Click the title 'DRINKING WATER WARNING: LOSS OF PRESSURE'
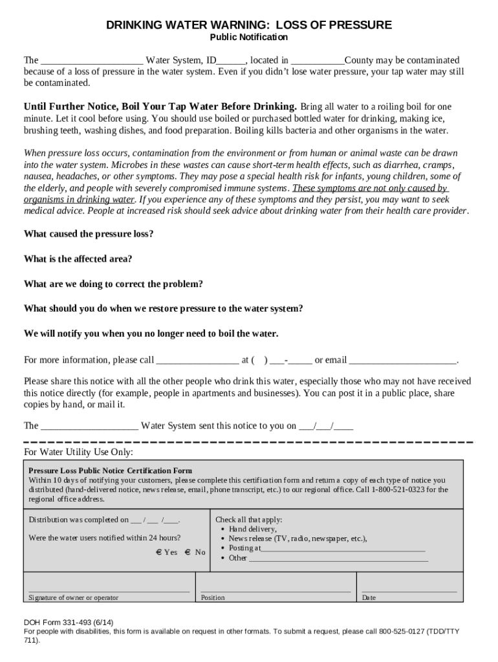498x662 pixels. pyautogui.click(x=249, y=25)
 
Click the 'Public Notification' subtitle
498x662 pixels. pyautogui.click(x=249, y=37)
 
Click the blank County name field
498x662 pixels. pyautogui.click(x=313, y=61)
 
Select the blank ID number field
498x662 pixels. pyautogui.click(x=231, y=61)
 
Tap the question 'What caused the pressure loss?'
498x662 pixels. pyautogui.click(x=89, y=234)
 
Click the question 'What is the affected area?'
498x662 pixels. pyautogui.click(x=78, y=259)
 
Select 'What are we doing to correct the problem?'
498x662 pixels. pyautogui.click(x=113, y=284)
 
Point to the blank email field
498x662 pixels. pyautogui.click(x=403, y=360)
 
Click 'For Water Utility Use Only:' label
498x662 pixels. pyautogui.click(x=78, y=451)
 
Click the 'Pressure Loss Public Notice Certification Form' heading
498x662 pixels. pyautogui.click(x=110, y=471)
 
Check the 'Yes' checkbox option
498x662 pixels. pyautogui.click(x=158, y=552)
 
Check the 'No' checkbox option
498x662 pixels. pyautogui.click(x=188, y=552)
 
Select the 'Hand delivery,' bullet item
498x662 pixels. pyautogui.click(x=252, y=529)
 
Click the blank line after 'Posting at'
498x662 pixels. pyautogui.click(x=343, y=548)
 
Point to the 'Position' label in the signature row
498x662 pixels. pyautogui.click(x=213, y=598)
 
